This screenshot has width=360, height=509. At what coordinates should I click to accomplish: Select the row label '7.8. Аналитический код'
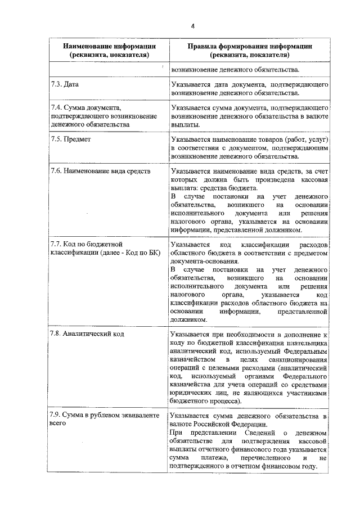point(87,334)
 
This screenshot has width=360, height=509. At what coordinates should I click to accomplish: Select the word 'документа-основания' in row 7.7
point(204,262)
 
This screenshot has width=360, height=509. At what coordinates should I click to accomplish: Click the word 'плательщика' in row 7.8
point(306,342)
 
